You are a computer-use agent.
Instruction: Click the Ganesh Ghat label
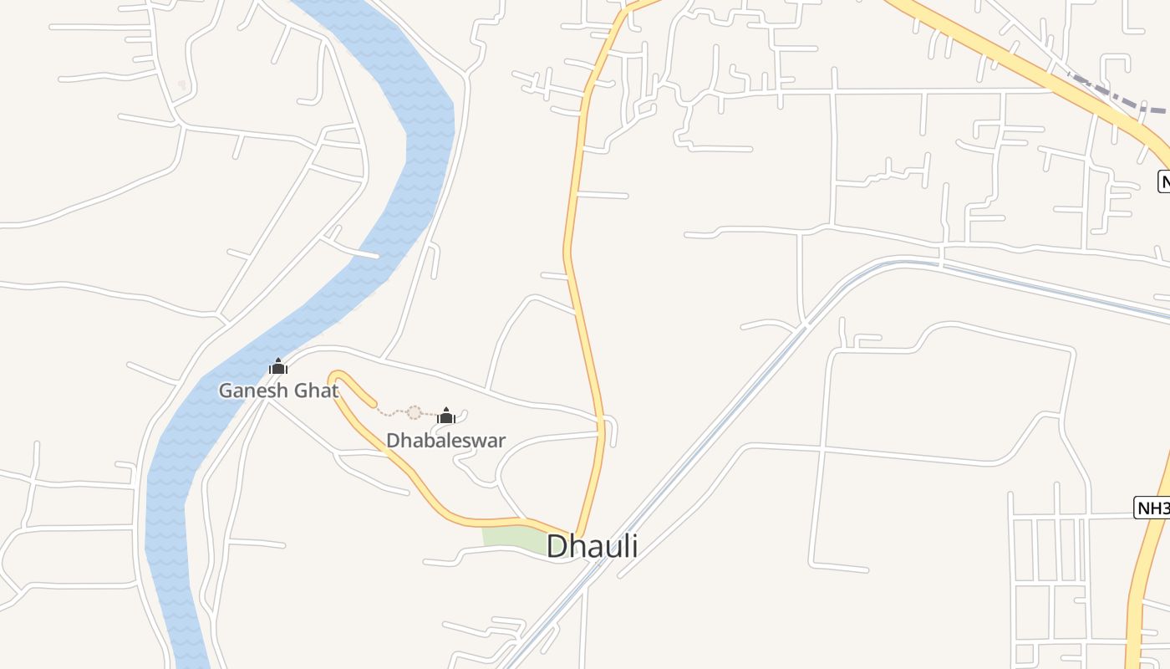tap(278, 391)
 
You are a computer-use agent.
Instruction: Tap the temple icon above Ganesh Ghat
tap(278, 367)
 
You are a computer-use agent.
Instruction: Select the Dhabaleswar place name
tap(445, 441)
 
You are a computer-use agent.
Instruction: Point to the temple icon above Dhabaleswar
tap(446, 416)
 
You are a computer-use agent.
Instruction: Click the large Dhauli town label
tap(592, 546)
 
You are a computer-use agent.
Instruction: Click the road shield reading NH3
tap(1152, 507)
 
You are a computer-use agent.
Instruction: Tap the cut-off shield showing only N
tap(1163, 181)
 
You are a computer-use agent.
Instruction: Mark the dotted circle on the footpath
tap(414, 412)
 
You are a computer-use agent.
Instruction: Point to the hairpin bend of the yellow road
tap(336, 378)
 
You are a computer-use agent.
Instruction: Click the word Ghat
tap(315, 391)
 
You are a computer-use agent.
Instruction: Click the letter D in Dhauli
tap(557, 546)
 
